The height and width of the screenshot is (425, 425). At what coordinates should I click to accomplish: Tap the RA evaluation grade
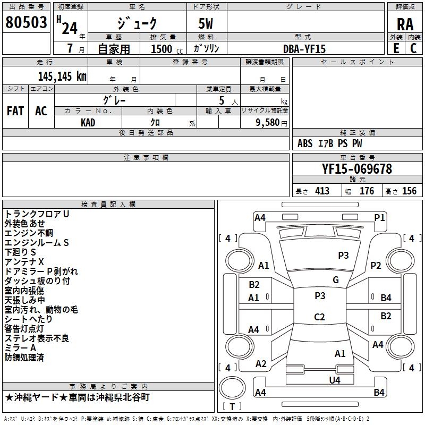(x=405, y=24)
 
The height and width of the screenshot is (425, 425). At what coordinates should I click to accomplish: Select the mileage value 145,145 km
(x=62, y=76)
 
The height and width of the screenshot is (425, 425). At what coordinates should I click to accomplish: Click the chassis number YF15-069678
(x=357, y=169)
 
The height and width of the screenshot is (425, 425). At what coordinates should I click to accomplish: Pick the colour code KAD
(x=88, y=122)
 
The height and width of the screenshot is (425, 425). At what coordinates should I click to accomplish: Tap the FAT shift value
(x=15, y=111)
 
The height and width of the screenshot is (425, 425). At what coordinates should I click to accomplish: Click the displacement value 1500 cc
(x=162, y=49)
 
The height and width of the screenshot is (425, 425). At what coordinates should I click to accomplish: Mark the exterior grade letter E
(x=396, y=49)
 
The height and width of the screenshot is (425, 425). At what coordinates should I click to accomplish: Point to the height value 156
(x=409, y=191)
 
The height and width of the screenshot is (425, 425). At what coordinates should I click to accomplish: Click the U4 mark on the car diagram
(x=334, y=380)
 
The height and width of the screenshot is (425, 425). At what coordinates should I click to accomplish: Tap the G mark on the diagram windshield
(x=336, y=280)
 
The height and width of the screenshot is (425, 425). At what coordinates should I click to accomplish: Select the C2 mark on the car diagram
(x=319, y=317)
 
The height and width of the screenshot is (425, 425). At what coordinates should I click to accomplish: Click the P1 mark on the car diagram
(x=379, y=217)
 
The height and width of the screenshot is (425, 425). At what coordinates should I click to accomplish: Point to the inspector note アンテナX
(x=24, y=261)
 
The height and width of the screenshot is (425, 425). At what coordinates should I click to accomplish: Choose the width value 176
(x=367, y=191)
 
